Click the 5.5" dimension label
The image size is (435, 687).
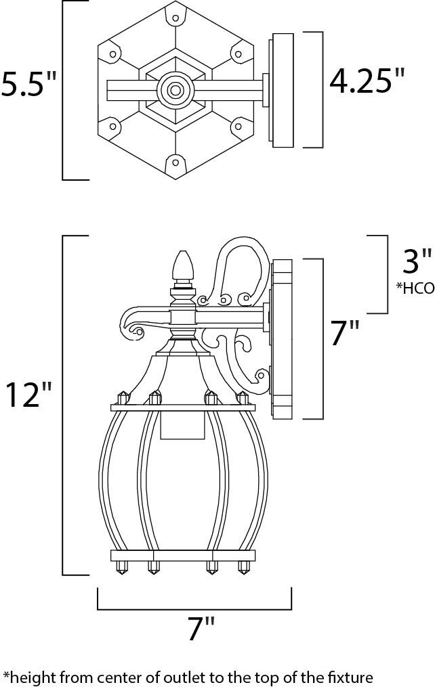coord(29,84)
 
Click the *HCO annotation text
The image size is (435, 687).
coord(415,288)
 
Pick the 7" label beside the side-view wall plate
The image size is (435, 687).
coord(345,332)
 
